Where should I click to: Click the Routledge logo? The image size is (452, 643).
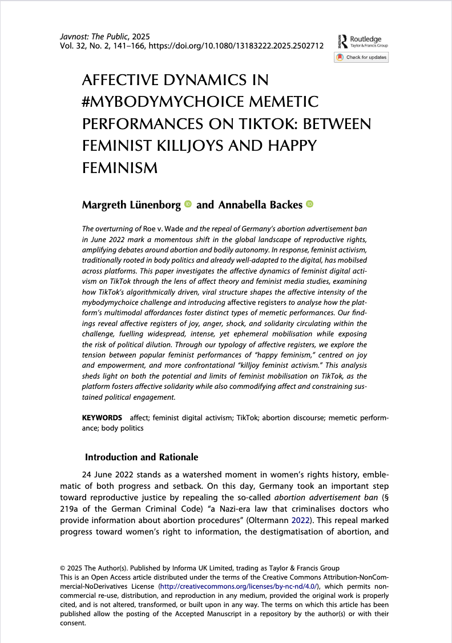(x=361, y=39)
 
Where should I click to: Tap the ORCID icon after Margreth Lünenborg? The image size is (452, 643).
(x=188, y=204)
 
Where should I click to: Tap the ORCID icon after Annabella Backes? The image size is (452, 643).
(x=310, y=204)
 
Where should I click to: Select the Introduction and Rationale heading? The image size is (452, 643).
(x=141, y=457)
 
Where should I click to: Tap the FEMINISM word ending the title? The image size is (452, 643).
(x=120, y=168)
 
